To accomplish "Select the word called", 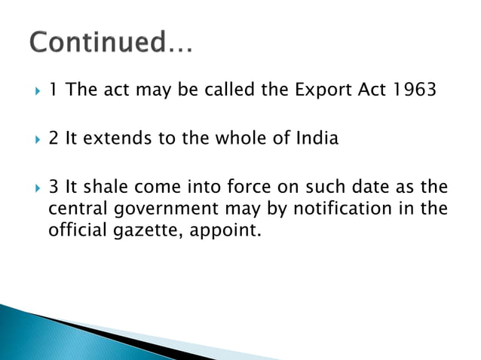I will tap(220, 92).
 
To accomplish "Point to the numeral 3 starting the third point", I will tap(54, 185).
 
